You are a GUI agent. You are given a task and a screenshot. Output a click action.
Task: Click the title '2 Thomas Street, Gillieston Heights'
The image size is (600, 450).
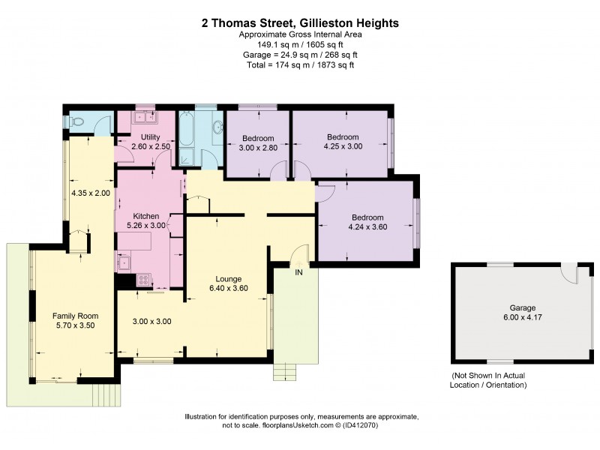(x=300, y=23)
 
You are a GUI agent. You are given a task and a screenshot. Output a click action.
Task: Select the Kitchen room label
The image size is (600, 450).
(x=147, y=216)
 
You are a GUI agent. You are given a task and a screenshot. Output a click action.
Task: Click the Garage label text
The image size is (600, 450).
(x=522, y=308)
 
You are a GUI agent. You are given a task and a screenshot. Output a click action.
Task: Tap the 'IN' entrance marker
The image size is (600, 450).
(x=299, y=271)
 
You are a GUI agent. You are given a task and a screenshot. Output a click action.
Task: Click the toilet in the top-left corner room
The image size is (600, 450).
(x=77, y=121)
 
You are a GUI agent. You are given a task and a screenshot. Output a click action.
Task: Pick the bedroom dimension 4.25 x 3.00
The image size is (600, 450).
(x=343, y=147)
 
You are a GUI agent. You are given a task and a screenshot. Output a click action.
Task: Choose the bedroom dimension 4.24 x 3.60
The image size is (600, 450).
(x=367, y=228)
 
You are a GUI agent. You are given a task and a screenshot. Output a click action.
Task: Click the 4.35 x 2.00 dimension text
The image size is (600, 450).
(x=90, y=193)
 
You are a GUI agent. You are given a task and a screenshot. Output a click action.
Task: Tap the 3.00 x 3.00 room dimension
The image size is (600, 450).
(x=152, y=321)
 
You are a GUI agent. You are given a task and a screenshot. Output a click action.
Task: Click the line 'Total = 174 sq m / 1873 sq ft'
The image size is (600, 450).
(x=300, y=65)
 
